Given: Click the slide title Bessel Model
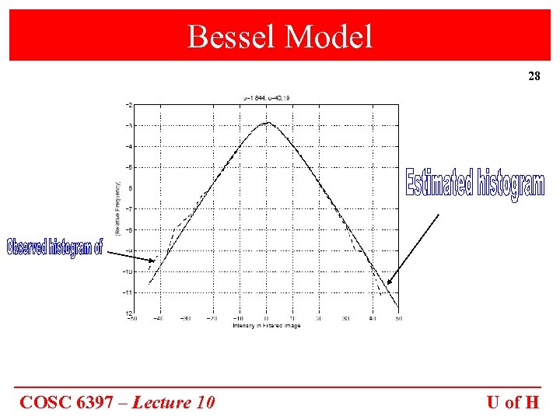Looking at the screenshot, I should pyautogui.click(x=280, y=36).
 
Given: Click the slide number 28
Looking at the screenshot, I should pyautogui.click(x=534, y=77).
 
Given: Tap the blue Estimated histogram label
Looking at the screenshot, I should pyautogui.click(x=474, y=185).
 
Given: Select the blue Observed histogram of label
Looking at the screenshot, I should pyautogui.click(x=54, y=247).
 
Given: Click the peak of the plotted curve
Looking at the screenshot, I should pyautogui.click(x=267, y=122).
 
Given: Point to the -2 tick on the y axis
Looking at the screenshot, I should pyautogui.click(x=128, y=104).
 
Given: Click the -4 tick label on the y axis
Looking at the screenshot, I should pyautogui.click(x=128, y=146).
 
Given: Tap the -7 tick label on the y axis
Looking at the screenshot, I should pyautogui.click(x=128, y=208).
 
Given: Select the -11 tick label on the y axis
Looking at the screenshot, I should pyautogui.click(x=126, y=292).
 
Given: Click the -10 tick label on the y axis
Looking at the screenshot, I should pyautogui.click(x=126, y=271).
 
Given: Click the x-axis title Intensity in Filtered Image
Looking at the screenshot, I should pyautogui.click(x=266, y=326).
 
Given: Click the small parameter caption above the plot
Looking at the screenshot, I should pyautogui.click(x=266, y=98).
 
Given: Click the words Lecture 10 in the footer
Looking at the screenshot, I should pyautogui.click(x=173, y=402).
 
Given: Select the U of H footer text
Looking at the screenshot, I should pyautogui.click(x=513, y=402).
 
